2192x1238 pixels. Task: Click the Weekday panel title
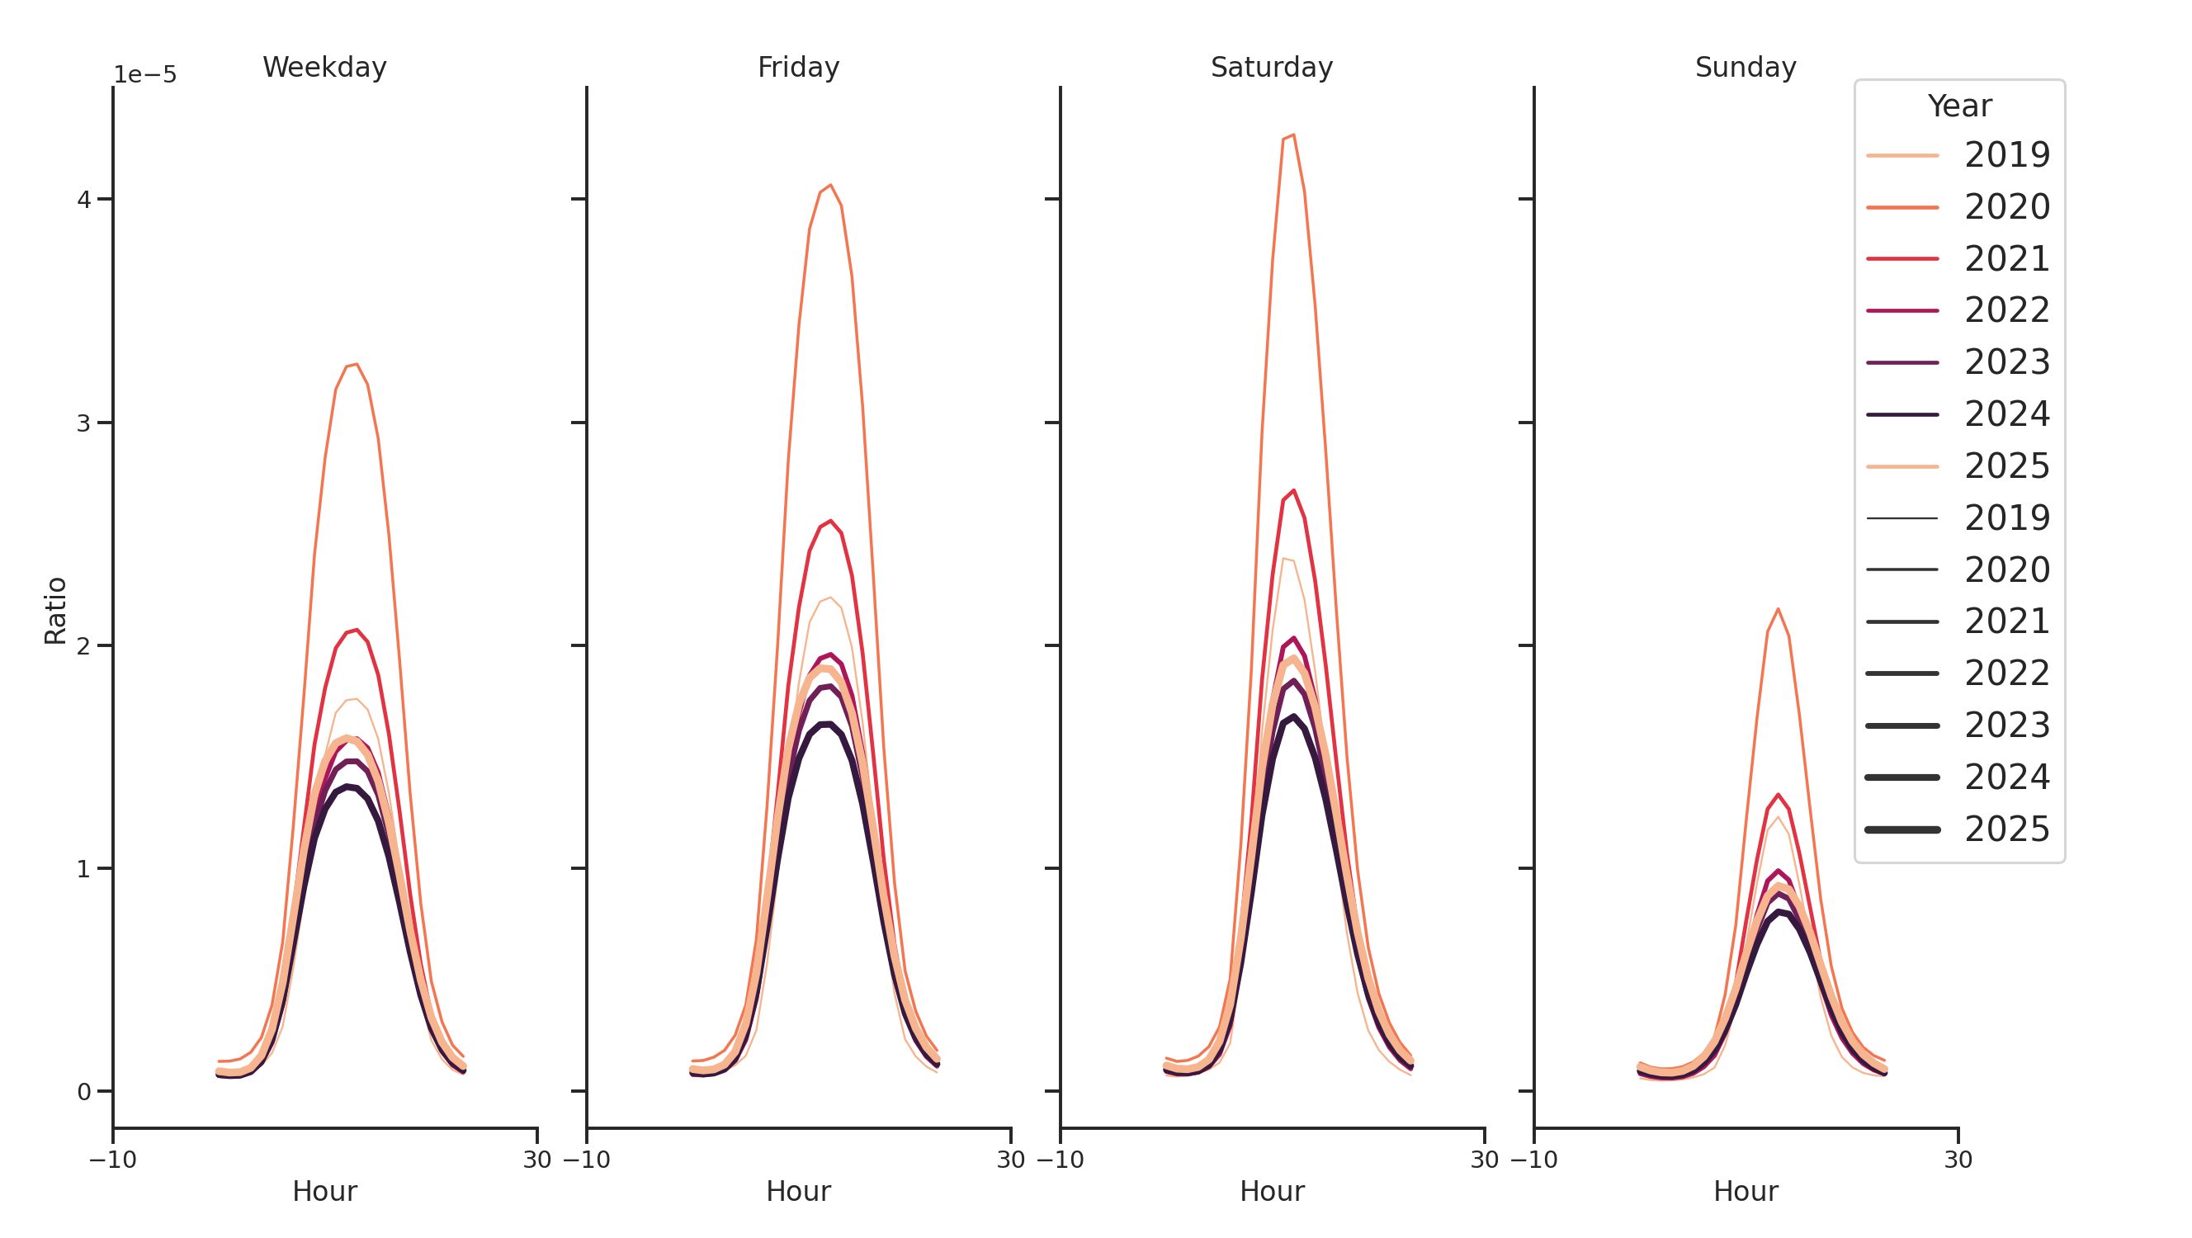324,67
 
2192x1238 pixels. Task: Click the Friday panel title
797,67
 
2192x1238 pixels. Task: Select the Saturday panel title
1271,67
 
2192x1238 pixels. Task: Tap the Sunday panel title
1746,67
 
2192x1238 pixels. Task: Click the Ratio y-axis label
55,610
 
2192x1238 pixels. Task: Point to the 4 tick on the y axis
83,200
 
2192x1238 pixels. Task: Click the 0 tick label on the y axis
83,1092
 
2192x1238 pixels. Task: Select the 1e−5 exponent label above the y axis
145,75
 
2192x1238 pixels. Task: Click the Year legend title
1958,106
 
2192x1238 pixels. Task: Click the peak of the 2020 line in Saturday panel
1292,135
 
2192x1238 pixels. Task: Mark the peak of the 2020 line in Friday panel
829,186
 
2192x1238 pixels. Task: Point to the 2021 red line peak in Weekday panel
357,631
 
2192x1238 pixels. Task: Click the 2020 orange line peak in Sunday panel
1778,609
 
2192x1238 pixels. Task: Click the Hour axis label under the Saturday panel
1271,1191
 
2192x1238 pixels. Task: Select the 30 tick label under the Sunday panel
1958,1160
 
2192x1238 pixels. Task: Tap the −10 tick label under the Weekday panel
113,1160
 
